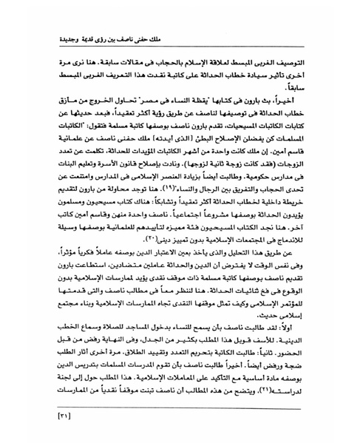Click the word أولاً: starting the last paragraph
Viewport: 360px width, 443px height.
coord(325,337)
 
